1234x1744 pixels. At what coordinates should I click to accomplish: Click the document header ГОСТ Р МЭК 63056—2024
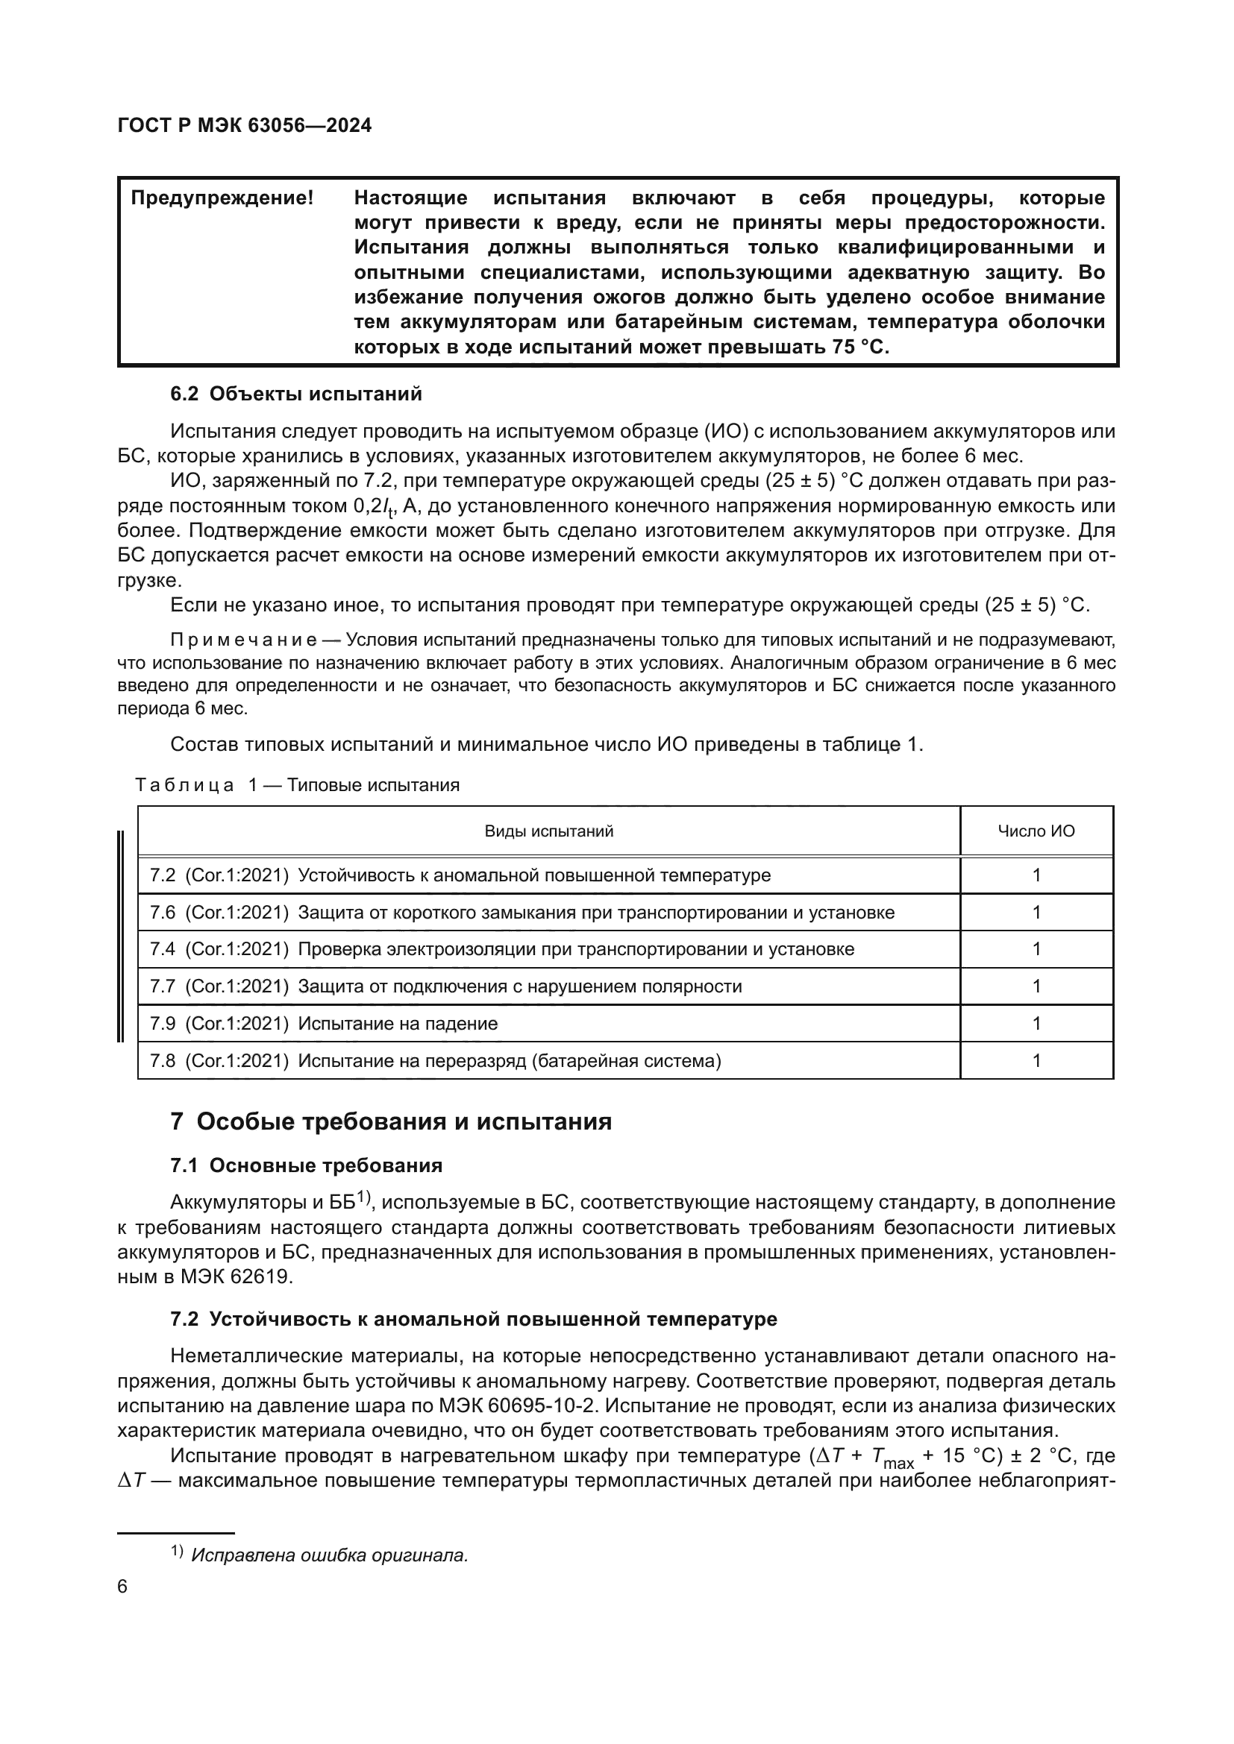(x=245, y=126)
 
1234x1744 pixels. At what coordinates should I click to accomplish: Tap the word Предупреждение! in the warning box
(x=222, y=198)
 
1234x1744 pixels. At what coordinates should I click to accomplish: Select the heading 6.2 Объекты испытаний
(x=295, y=394)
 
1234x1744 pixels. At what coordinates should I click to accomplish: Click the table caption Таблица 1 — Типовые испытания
(x=297, y=784)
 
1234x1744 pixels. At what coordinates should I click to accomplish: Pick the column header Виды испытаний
(x=548, y=831)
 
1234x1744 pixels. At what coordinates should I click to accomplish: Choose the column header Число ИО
(x=1036, y=831)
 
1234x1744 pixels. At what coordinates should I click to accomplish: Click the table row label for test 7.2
(x=460, y=875)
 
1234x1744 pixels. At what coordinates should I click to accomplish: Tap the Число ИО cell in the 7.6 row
(x=1036, y=912)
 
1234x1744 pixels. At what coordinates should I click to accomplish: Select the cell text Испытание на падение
(x=398, y=1023)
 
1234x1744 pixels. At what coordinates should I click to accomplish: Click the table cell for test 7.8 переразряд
(x=435, y=1060)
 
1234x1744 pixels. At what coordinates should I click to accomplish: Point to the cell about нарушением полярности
(x=520, y=986)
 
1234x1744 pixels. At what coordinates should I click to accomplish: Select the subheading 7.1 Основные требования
(x=306, y=1165)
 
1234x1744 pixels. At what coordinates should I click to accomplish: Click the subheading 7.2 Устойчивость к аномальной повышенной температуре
(x=474, y=1319)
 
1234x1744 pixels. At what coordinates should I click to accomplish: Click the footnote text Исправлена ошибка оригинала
(x=329, y=1555)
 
